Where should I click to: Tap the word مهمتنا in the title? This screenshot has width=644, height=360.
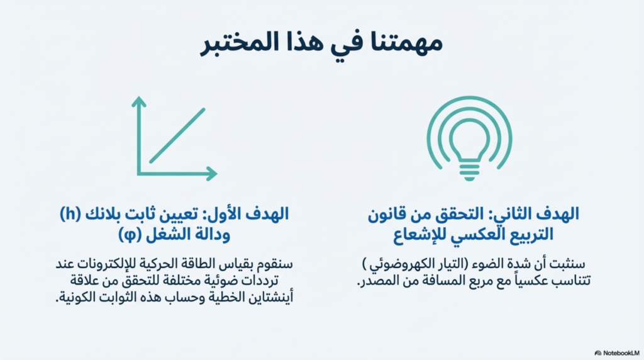(x=406, y=43)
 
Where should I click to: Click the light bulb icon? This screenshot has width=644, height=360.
(x=469, y=138)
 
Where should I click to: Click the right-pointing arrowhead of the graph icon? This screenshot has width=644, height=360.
(x=212, y=174)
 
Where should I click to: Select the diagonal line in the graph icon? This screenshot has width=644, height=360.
(x=177, y=135)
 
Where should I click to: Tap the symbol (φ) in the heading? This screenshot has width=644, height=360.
(x=130, y=235)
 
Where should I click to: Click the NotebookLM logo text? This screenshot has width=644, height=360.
(x=621, y=353)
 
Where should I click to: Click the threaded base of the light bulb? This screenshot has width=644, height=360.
(x=469, y=172)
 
